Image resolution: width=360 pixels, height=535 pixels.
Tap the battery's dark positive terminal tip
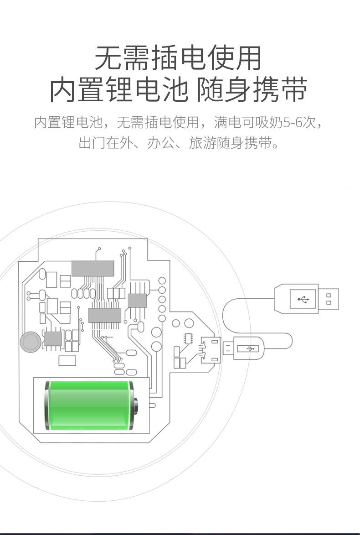[x=136, y=405]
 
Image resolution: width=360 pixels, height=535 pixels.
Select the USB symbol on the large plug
[x=303, y=299]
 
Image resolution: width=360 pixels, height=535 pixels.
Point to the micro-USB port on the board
[x=211, y=350]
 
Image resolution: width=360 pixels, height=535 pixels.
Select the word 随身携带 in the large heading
[x=252, y=89]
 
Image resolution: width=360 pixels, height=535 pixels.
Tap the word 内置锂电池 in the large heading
[x=119, y=89]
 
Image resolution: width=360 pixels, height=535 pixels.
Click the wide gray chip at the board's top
[x=93, y=269]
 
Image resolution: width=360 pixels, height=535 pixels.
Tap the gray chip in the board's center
[x=104, y=315]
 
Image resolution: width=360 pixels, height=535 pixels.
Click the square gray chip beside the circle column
[x=137, y=300]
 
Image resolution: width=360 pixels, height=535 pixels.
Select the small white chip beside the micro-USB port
[x=188, y=338]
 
